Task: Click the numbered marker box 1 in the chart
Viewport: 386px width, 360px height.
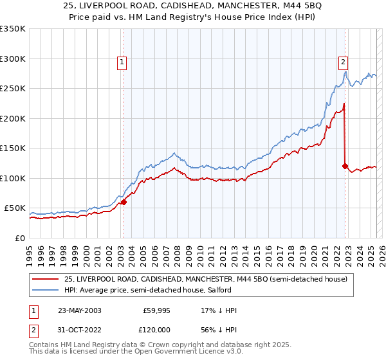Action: [x=122, y=62]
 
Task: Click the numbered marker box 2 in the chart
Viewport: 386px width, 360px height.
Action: [x=344, y=62]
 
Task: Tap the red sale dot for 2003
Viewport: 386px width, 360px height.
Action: [x=124, y=202]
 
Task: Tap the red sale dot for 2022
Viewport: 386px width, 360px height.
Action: [x=345, y=166]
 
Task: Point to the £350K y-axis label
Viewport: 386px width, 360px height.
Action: [x=13, y=29]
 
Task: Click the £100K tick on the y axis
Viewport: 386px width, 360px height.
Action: [x=13, y=178]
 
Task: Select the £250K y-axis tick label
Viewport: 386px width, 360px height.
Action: [x=13, y=89]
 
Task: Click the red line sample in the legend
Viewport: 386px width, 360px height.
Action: [x=46, y=279]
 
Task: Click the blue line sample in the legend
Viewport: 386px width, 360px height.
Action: [x=46, y=290]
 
